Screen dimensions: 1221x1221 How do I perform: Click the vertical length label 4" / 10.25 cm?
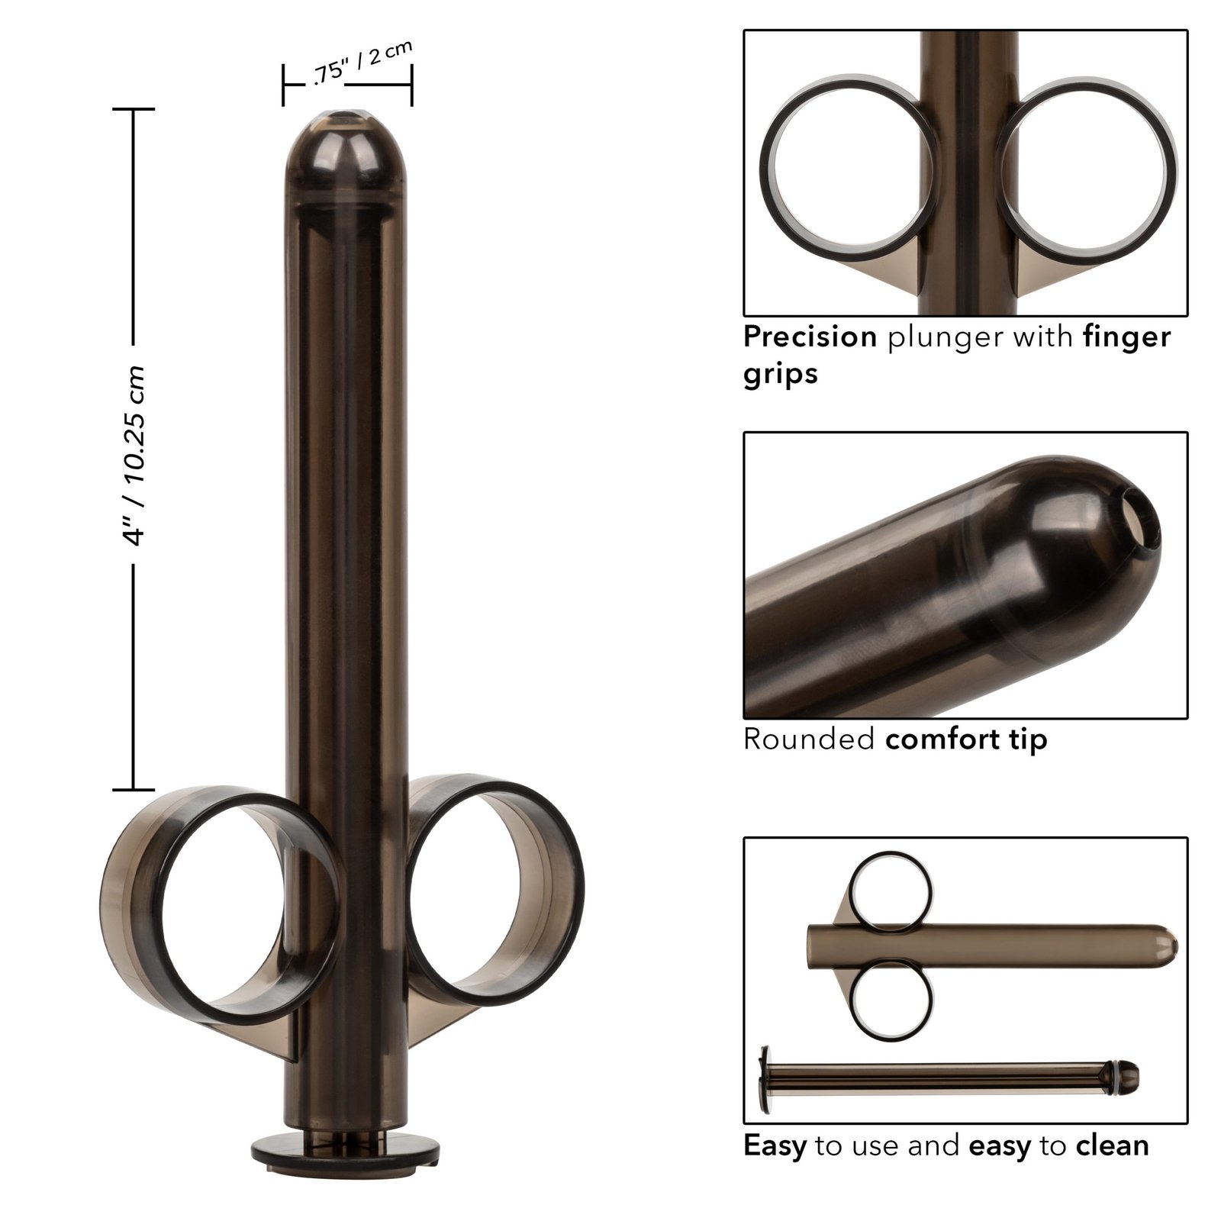point(135,456)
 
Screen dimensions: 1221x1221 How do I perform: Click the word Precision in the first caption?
point(810,337)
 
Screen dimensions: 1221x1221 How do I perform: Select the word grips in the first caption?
point(780,374)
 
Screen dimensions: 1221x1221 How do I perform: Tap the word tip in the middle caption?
point(1027,739)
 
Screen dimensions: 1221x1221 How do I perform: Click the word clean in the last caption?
point(1112,1145)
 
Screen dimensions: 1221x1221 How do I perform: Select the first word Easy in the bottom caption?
point(775,1145)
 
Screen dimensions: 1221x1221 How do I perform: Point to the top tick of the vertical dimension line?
point(134,109)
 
